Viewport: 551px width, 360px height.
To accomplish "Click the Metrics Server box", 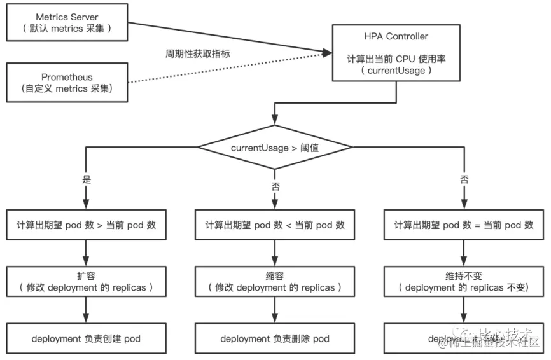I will click(67, 22).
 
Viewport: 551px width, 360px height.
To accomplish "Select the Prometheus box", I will click(67, 83).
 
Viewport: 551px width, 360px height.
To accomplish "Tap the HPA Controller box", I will click(396, 53).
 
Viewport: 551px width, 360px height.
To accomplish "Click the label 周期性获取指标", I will click(197, 54).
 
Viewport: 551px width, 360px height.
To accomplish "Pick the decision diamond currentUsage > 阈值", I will click(275, 148).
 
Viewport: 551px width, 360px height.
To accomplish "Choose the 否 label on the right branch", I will click(464, 180).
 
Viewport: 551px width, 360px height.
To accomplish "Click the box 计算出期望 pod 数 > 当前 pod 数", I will click(86, 225).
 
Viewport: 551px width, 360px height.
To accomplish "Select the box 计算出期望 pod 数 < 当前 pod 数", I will click(275, 225).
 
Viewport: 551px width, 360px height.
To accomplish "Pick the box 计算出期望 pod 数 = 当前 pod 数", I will click(464, 225).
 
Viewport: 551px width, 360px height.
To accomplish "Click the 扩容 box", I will click(86, 281).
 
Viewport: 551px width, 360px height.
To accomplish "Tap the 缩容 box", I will click(275, 281).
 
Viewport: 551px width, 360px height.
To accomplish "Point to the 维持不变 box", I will click(464, 281).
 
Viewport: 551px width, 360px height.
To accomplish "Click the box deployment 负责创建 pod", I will click(86, 338).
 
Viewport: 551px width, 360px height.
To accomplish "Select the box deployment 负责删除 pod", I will click(275, 338).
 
